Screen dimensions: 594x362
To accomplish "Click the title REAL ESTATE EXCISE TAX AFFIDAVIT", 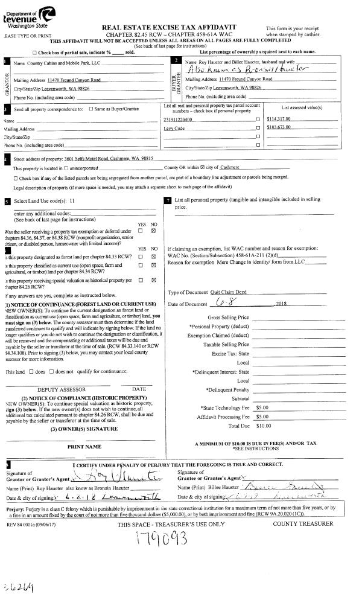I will (x=169, y=27).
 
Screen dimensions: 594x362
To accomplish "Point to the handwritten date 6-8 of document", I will (x=232, y=302).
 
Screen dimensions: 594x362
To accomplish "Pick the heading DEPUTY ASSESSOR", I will (x=58, y=389).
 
